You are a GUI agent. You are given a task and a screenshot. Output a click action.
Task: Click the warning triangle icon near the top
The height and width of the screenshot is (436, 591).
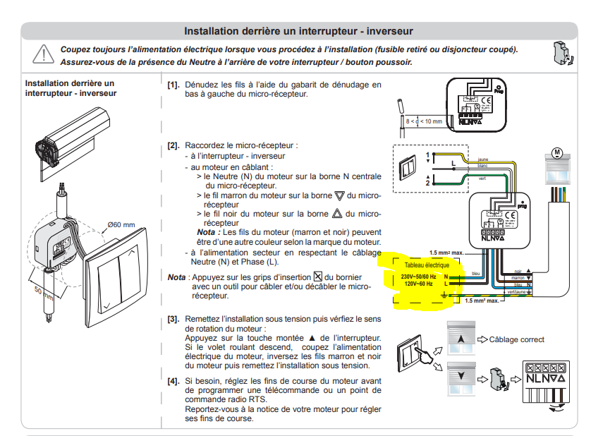(x=43, y=54)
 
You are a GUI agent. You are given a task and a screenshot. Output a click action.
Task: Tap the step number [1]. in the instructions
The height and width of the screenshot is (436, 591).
(x=173, y=85)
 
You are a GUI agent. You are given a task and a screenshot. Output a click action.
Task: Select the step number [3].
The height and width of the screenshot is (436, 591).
(x=173, y=320)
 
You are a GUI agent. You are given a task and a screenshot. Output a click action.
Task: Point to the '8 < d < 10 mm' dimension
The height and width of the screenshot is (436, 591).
(x=425, y=121)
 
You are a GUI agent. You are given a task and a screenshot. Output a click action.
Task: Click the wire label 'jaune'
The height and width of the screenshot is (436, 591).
(x=483, y=159)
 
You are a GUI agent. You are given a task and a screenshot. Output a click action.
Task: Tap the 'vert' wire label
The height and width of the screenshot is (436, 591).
(x=482, y=178)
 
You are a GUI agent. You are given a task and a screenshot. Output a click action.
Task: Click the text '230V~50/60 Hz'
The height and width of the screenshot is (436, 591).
(x=418, y=276)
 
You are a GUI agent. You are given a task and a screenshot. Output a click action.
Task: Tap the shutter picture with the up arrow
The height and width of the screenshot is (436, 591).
(x=461, y=339)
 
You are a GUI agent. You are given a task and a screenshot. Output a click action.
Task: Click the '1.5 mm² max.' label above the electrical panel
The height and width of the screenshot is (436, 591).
(x=446, y=252)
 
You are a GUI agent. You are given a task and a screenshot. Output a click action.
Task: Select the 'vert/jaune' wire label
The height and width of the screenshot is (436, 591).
(x=517, y=291)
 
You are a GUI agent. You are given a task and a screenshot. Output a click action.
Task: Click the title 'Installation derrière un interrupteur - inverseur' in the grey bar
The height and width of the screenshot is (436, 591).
(x=298, y=31)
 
